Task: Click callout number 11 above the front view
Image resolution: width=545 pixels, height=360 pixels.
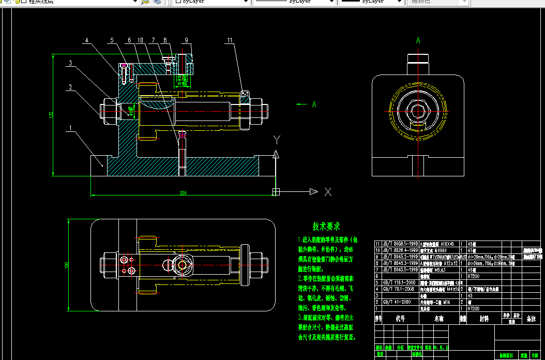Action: click(x=230, y=40)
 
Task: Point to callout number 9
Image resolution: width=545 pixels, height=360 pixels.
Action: click(x=186, y=40)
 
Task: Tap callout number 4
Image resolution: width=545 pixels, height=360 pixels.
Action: click(x=87, y=40)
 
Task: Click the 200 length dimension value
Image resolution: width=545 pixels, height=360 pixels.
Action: click(x=183, y=193)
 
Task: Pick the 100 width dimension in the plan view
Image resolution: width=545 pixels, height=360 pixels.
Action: click(x=66, y=265)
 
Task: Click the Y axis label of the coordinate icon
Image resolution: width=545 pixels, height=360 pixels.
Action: click(x=277, y=140)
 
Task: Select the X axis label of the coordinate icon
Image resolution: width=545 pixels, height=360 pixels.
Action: click(x=327, y=192)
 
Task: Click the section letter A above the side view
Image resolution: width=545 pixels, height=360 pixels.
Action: click(x=418, y=40)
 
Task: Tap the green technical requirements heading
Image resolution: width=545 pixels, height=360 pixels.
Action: click(x=326, y=226)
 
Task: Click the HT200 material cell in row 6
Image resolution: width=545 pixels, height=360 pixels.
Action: click(x=474, y=276)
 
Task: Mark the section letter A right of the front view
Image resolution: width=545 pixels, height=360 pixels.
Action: click(x=314, y=104)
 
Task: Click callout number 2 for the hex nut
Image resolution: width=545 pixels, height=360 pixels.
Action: click(x=69, y=87)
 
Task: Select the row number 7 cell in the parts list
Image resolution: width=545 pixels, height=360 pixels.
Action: click(x=377, y=269)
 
